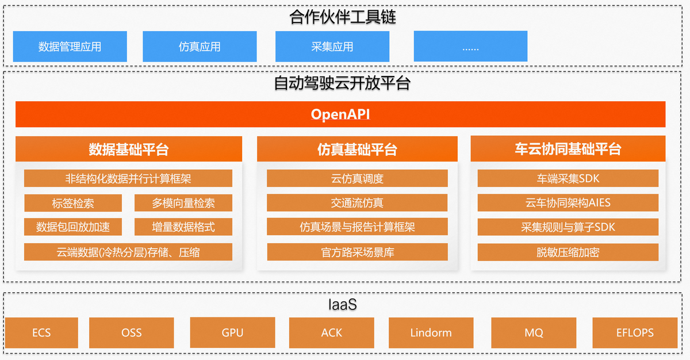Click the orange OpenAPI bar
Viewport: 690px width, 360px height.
[340, 114]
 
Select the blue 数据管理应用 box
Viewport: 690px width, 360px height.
[70, 47]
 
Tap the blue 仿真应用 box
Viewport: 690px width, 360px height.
[200, 47]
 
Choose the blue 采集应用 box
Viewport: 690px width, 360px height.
[332, 47]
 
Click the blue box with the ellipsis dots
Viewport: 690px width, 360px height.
[470, 47]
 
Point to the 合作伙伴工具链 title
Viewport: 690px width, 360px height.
[343, 17]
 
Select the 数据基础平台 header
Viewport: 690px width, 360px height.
[129, 150]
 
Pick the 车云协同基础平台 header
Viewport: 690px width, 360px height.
[568, 150]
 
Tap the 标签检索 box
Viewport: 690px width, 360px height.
[73, 203]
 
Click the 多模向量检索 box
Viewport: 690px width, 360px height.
[183, 203]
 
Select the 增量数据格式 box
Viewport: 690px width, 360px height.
[183, 227]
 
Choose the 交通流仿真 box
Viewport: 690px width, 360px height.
[357, 203]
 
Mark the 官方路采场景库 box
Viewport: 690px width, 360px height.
[357, 252]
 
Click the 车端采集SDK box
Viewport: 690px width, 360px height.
[568, 178]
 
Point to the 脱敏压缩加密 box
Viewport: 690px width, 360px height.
[568, 252]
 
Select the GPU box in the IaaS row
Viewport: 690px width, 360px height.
[232, 332]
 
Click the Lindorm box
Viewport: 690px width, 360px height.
[431, 332]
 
